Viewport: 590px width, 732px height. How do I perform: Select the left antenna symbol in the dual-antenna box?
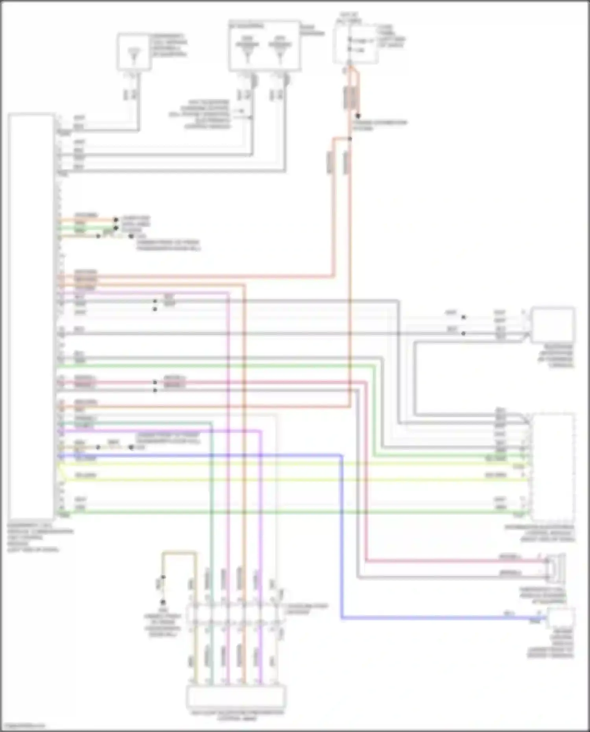point(247,49)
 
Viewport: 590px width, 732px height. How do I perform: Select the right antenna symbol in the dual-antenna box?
point(280,49)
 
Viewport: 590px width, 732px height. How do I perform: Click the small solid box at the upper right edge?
point(552,325)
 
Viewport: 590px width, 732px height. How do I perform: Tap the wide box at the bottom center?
point(236,697)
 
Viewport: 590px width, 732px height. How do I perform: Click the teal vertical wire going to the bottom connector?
point(212,511)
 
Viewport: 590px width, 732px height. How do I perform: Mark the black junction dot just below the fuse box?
point(358,116)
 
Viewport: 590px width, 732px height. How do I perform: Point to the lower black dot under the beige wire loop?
point(162,602)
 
